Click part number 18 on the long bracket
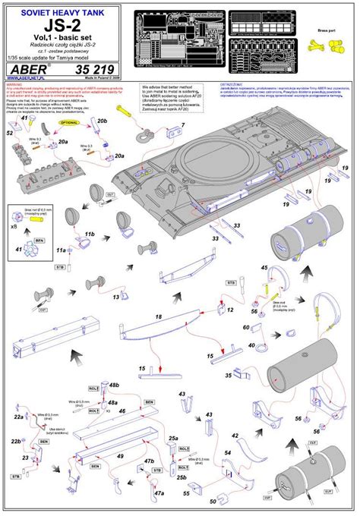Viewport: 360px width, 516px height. [x=159, y=315]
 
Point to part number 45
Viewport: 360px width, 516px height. [x=264, y=267]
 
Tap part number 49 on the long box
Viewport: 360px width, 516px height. [x=119, y=456]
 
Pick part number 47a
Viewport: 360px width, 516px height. [x=159, y=492]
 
